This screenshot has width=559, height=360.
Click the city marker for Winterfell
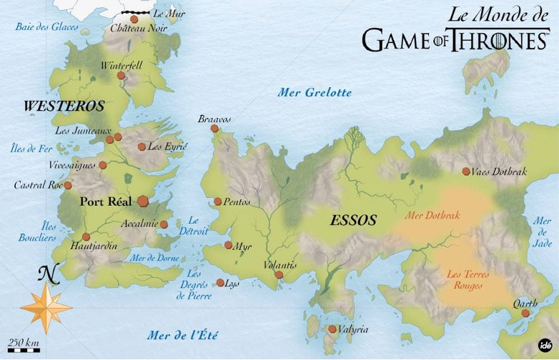121,75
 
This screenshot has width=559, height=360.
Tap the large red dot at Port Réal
143,201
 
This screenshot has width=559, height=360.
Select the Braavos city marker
214,129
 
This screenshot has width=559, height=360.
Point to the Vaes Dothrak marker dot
466,171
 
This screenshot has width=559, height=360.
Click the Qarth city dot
525,313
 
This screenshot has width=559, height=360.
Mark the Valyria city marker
332,329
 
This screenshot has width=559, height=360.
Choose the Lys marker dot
220,283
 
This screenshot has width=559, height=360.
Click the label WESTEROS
64,106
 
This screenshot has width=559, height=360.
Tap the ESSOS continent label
353,221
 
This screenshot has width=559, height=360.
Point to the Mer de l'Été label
182,335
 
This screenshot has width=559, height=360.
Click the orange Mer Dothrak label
432,215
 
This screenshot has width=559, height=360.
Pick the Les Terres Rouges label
462,279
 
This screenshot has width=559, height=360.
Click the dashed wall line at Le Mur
136,13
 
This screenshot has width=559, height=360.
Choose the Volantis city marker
279,274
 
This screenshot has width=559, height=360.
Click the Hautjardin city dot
86,236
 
